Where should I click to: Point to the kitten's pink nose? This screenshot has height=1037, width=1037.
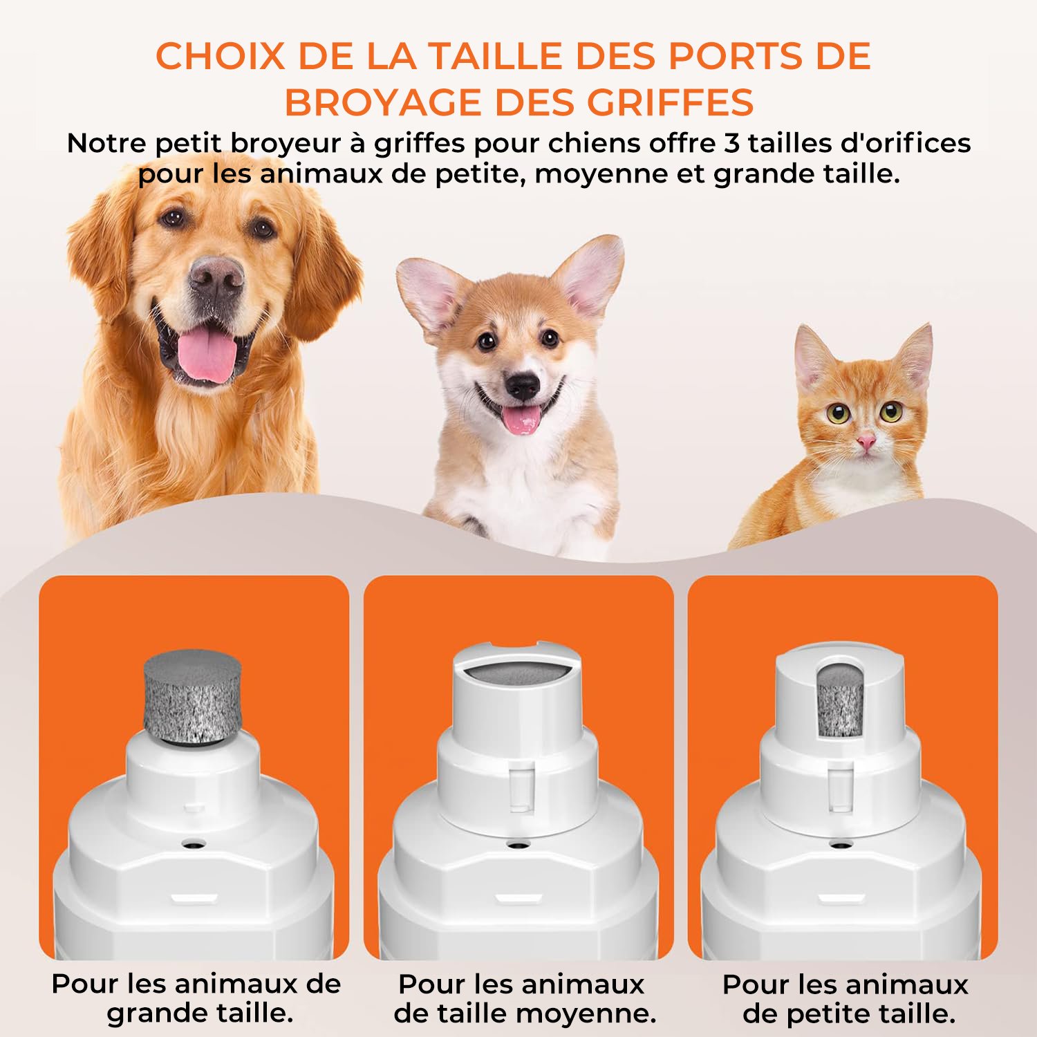click(x=866, y=440)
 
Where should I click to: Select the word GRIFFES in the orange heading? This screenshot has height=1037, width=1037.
click(x=670, y=103)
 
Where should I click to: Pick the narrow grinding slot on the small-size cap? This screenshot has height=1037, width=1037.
click(x=841, y=698)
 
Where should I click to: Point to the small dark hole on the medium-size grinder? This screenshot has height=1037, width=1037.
click(x=516, y=845)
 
